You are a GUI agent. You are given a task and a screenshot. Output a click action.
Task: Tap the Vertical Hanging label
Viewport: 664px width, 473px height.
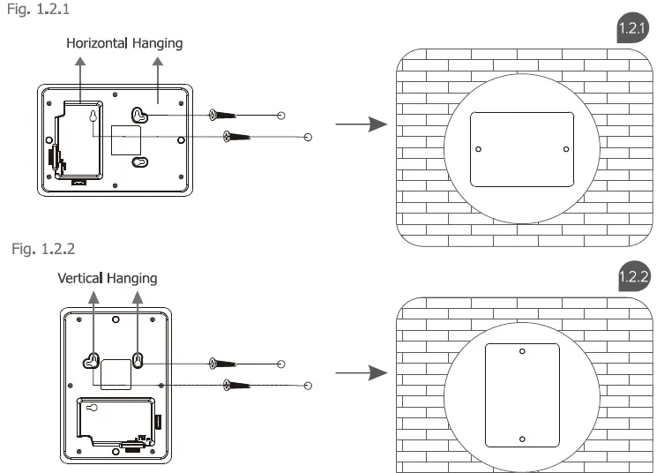(x=107, y=278)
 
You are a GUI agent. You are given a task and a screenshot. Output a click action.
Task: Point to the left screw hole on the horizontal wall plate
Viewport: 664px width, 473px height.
(x=478, y=148)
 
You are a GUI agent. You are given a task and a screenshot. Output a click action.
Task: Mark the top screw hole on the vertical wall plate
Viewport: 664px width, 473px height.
(x=522, y=351)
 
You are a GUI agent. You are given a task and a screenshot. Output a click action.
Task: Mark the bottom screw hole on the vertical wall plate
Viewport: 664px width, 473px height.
(x=522, y=439)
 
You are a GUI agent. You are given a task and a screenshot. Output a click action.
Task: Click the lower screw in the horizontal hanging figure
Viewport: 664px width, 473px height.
(x=239, y=137)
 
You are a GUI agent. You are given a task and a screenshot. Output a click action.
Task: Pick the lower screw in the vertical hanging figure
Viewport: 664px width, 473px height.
(x=239, y=384)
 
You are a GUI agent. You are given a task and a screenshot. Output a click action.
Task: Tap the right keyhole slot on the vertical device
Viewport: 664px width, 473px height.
(x=138, y=360)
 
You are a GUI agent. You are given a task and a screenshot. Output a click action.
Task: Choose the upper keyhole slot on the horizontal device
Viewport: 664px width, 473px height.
(x=138, y=114)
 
